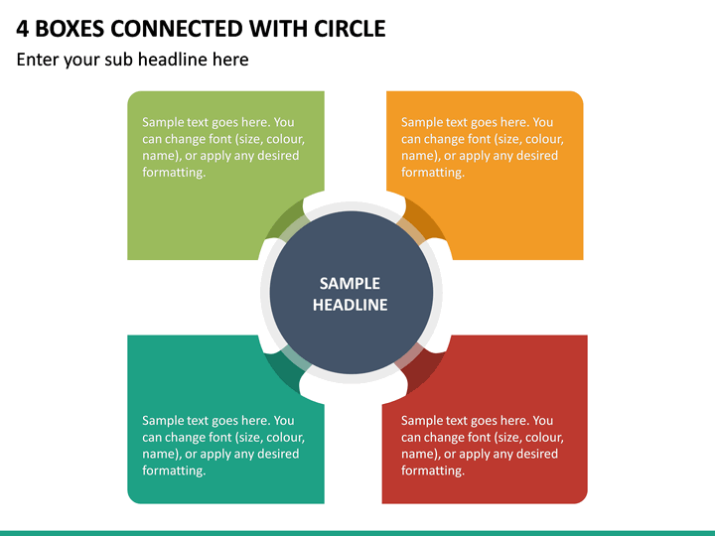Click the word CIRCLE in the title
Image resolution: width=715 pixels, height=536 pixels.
click(x=350, y=29)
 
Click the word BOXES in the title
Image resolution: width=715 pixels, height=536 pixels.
click(x=70, y=29)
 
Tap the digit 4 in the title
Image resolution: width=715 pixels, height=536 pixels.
click(x=22, y=29)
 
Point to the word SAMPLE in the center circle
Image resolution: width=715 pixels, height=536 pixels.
click(x=350, y=284)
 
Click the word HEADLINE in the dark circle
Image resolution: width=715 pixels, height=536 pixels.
click(x=350, y=305)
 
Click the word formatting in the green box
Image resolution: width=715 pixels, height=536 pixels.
click(x=174, y=173)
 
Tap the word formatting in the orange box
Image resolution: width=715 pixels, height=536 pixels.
click(x=433, y=173)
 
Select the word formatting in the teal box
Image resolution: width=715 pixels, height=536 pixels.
click(x=174, y=470)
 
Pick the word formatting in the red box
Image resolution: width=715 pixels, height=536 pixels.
click(x=433, y=470)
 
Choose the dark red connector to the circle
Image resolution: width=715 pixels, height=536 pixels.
click(x=419, y=368)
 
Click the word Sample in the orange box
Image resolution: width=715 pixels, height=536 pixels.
click(x=422, y=122)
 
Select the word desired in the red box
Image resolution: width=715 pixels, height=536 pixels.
click(x=536, y=454)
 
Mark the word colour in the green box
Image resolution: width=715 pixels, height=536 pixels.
click(x=285, y=139)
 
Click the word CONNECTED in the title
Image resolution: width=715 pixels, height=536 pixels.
click(x=178, y=29)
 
